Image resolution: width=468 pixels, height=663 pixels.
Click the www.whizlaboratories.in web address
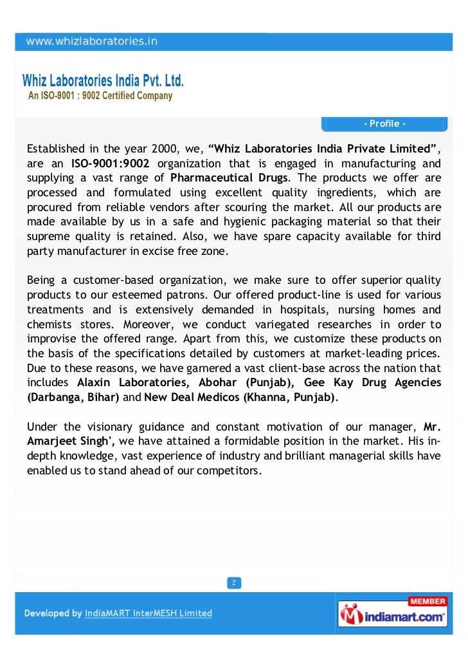coord(91,42)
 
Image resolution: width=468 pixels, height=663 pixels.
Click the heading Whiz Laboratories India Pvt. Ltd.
coord(103,82)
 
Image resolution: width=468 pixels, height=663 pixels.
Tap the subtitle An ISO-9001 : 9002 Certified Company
coord(100,96)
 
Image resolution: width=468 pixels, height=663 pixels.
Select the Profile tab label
coord(384,124)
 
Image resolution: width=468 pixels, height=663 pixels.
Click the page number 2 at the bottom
coord(234,583)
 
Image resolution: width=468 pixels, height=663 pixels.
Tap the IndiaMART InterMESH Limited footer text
coord(148,613)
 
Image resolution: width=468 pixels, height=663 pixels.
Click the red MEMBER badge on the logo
coord(427,601)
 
